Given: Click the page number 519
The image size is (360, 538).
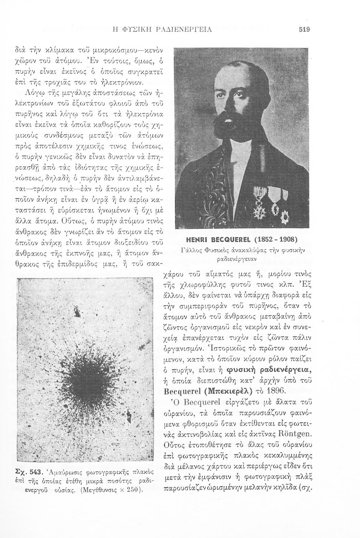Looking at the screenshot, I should (304, 30).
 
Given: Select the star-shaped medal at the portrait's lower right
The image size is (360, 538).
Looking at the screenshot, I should (286, 217).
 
